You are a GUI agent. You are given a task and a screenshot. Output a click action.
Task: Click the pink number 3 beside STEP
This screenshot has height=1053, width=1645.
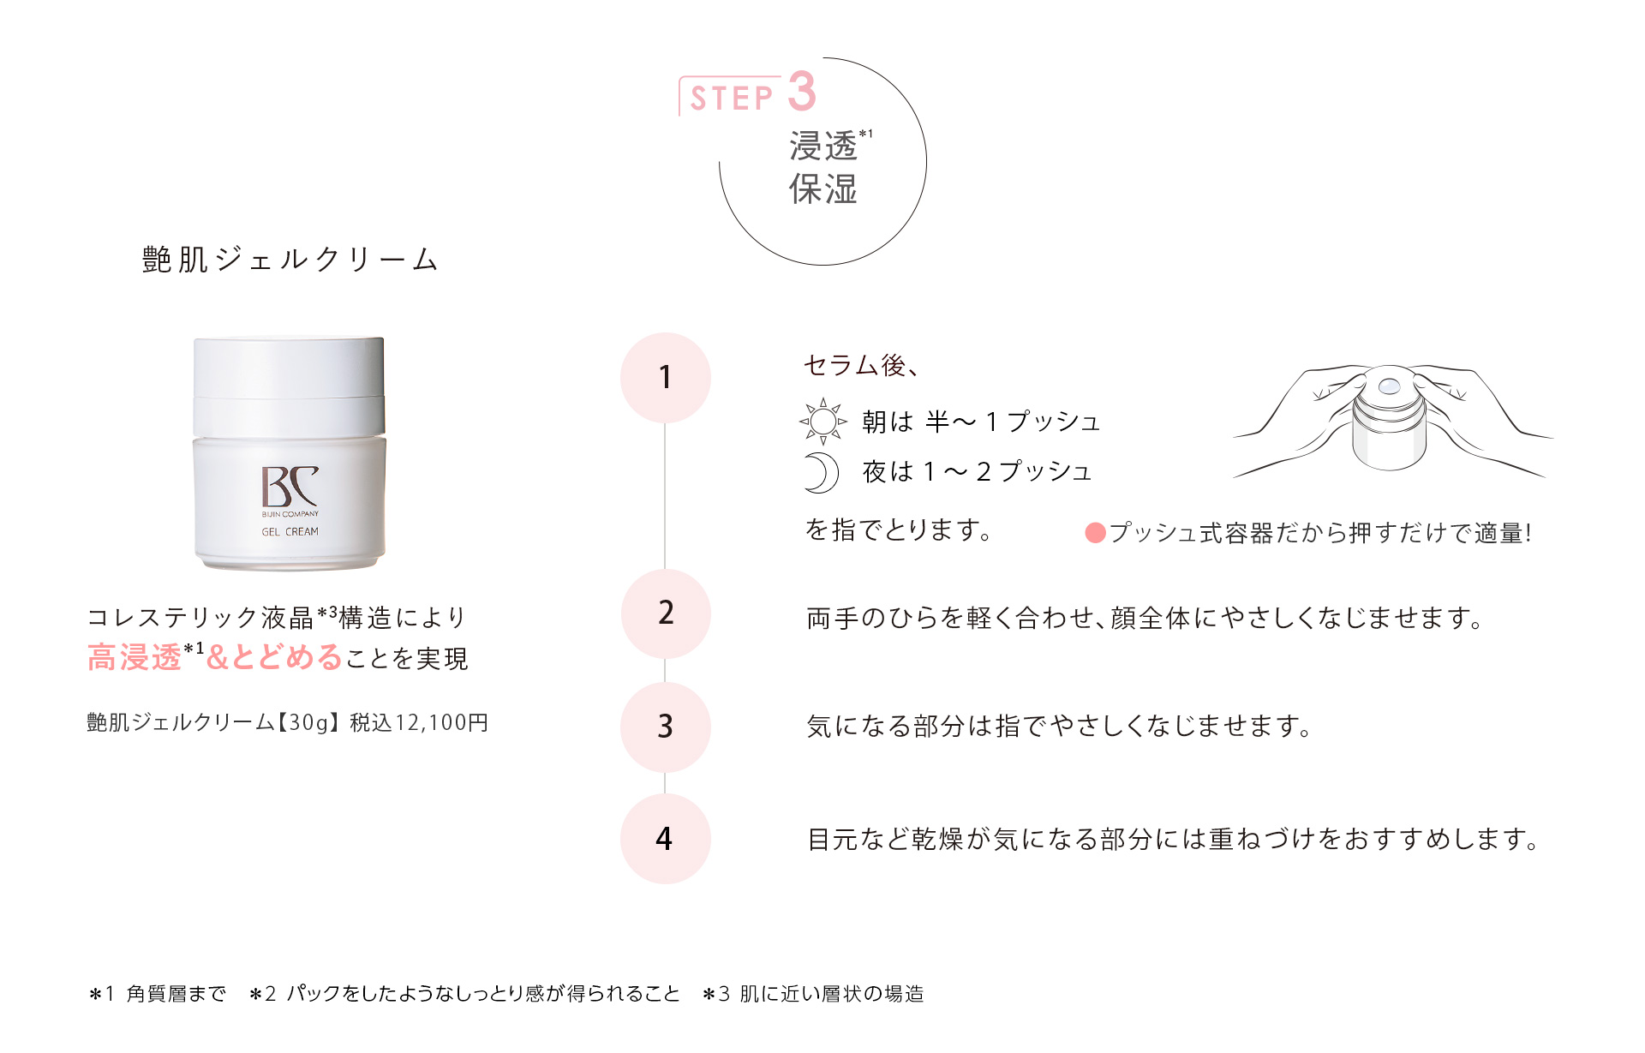pos(802,92)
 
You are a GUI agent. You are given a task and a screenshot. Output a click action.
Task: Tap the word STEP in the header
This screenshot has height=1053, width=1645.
pos(732,99)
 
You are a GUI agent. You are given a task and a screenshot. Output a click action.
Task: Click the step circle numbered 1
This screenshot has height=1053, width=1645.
pos(666,378)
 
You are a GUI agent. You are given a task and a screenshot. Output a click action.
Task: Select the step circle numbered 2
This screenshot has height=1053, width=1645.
pos(666,613)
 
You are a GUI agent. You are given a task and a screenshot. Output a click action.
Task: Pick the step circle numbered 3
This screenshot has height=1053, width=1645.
pos(666,727)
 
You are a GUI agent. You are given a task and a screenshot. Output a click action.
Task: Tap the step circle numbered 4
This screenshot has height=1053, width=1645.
pos(666,839)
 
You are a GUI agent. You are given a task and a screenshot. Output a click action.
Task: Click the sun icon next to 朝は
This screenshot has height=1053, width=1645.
pos(822,422)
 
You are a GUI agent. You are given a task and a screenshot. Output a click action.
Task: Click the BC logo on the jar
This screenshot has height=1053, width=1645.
pos(290,487)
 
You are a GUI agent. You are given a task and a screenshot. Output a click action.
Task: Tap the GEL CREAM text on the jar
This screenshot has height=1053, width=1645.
pos(290,532)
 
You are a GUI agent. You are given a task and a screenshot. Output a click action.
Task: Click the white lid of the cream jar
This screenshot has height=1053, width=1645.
pos(289,368)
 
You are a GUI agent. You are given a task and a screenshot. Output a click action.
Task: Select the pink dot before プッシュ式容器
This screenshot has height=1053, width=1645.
pos(1095,533)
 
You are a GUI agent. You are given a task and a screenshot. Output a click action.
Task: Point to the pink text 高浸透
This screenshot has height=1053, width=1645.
pos(135,658)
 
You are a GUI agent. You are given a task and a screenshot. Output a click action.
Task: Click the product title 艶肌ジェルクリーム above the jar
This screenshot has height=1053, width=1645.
pos(290,260)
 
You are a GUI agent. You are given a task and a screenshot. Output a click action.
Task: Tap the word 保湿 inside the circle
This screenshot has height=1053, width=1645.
pos(822,189)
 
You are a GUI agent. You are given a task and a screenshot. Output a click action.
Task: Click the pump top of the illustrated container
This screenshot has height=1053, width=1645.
pos(1389,386)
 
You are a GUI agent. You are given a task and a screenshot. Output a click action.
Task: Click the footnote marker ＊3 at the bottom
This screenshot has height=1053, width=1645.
pos(716,994)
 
